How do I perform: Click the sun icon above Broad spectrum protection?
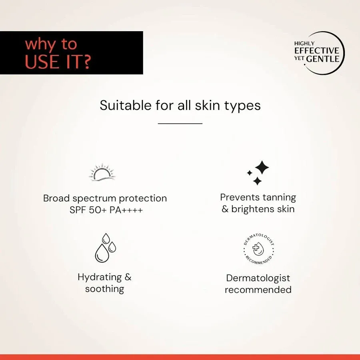pos(102,172)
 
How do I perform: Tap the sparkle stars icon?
pos(258,173)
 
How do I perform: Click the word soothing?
pos(104,289)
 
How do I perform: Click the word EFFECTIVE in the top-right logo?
pos(316,51)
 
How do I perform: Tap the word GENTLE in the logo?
pos(323,59)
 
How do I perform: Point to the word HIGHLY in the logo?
pos(304,43)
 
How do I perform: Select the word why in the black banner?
pos(39,44)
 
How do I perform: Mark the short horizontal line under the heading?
pos(180,124)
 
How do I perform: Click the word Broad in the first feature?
pos(56,198)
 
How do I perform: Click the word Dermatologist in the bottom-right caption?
pos(258,278)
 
